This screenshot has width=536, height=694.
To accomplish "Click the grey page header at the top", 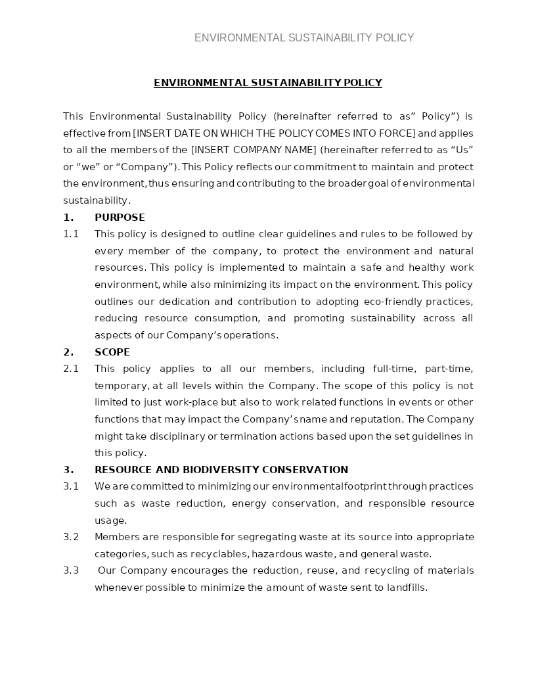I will point(303,38).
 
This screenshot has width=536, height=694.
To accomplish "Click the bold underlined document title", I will point(268,83).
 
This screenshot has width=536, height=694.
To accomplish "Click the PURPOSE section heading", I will point(120,218).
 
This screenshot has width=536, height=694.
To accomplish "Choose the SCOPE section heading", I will point(112,352).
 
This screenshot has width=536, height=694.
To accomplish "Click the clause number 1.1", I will point(71,234).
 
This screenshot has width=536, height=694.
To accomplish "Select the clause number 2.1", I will point(71,369).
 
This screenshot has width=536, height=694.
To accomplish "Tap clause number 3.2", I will point(71,537).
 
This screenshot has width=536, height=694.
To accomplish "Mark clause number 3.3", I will point(71,570).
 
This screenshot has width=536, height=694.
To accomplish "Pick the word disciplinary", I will point(177,436).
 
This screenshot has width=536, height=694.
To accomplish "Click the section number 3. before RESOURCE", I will point(68,470).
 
